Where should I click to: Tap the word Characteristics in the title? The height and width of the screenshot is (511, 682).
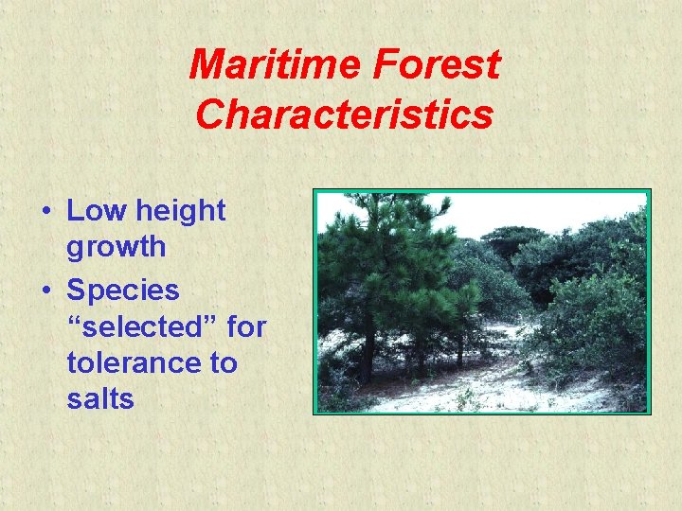click(345, 115)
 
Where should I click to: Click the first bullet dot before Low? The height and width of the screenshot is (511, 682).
click(45, 212)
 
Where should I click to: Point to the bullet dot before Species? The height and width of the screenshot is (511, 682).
click(45, 289)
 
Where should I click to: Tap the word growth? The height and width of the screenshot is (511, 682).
click(117, 248)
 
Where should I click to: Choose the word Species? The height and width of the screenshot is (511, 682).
click(122, 289)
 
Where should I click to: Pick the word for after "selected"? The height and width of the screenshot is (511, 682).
click(247, 326)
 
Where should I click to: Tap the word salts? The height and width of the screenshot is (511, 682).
click(100, 399)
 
